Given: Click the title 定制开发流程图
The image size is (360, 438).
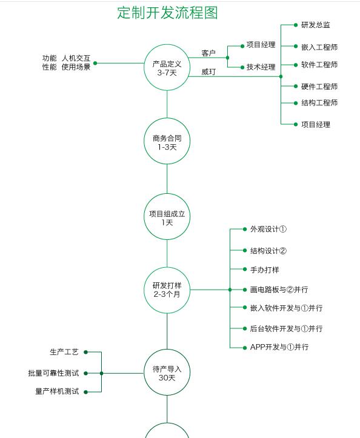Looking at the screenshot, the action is (167, 13).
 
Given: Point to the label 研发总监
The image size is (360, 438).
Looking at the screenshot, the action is (316, 25).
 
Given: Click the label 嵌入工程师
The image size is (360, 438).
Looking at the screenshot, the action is (319, 47).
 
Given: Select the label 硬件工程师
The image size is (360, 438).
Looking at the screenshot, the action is (319, 87).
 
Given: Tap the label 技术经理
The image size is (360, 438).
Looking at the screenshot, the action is (261, 67).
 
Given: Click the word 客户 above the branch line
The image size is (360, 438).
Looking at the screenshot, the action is (208, 53).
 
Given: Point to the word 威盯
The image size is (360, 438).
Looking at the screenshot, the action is (208, 72).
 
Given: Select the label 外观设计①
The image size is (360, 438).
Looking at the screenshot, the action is (268, 229).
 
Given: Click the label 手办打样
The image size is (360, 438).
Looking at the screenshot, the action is (264, 270).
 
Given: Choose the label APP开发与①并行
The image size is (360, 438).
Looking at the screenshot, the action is (279, 347).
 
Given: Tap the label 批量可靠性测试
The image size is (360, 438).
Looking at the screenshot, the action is (53, 373).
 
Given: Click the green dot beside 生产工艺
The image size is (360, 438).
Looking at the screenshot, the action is (86, 352).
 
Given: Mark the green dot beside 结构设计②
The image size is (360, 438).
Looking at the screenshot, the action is (245, 251).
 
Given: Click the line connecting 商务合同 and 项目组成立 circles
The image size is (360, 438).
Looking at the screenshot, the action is (167, 179).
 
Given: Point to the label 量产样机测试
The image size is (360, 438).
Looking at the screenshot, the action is (57, 391).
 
